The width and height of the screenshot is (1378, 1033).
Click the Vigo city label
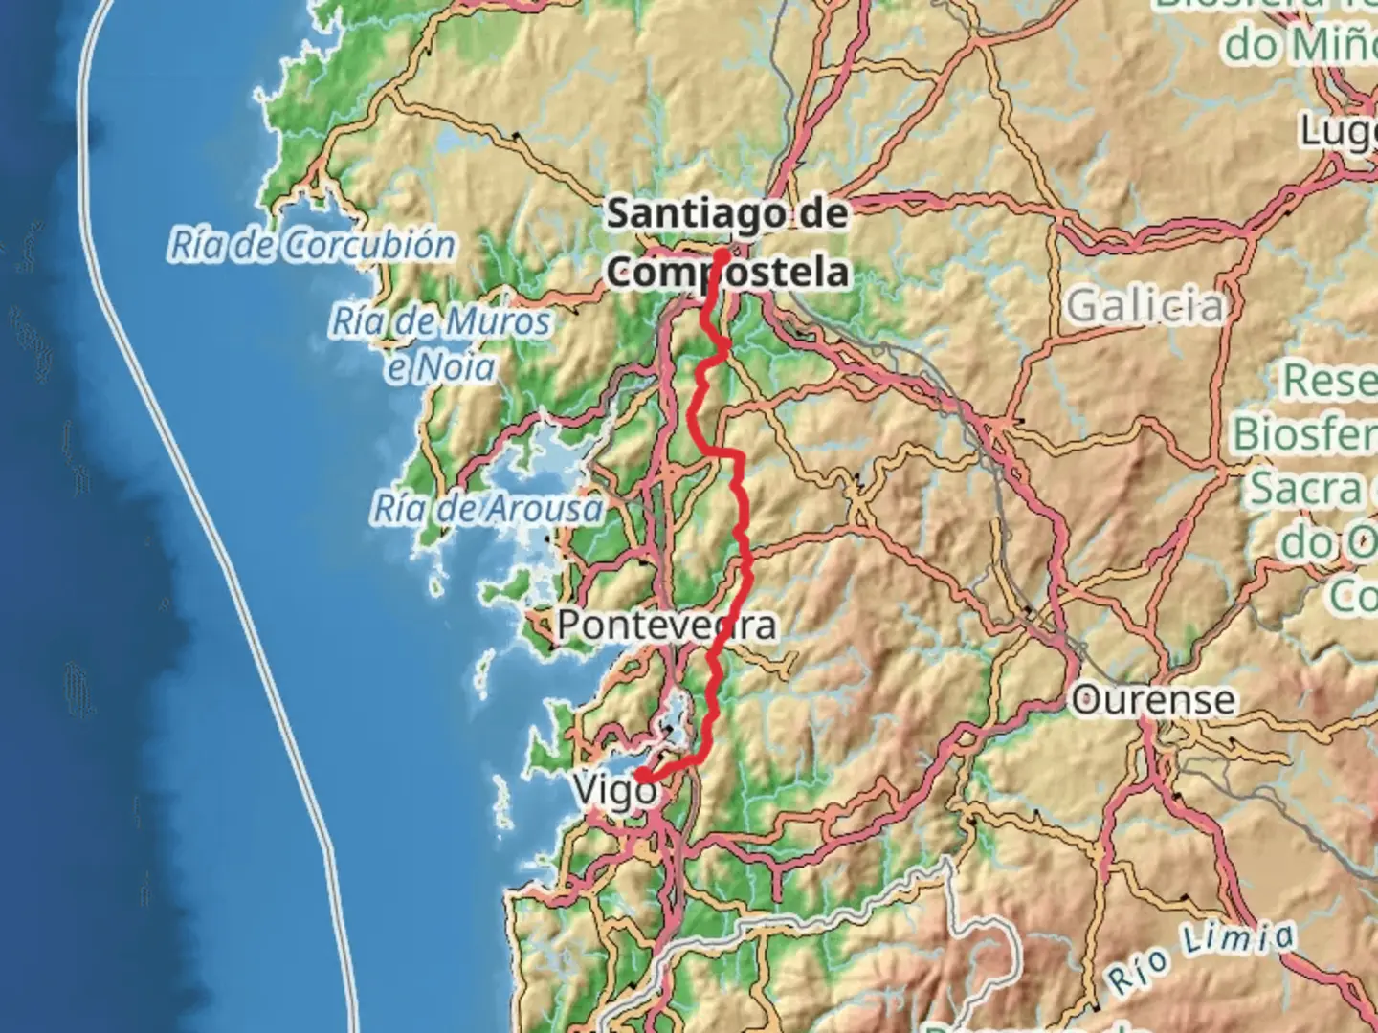pyautogui.click(x=613, y=791)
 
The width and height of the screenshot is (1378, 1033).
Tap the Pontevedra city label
pyautogui.click(x=666, y=626)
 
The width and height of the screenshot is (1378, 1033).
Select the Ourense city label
pyautogui.click(x=1153, y=700)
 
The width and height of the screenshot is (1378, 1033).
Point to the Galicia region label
pyautogui.click(x=1145, y=306)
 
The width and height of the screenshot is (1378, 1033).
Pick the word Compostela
pyautogui.click(x=727, y=273)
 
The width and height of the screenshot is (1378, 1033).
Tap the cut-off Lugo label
pyautogui.click(x=1338, y=131)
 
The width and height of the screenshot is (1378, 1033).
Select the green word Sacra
pyautogui.click(x=1306, y=489)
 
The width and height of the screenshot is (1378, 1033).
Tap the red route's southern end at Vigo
pyautogui.click(x=643, y=775)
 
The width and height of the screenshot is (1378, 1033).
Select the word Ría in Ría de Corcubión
pyautogui.click(x=198, y=246)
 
